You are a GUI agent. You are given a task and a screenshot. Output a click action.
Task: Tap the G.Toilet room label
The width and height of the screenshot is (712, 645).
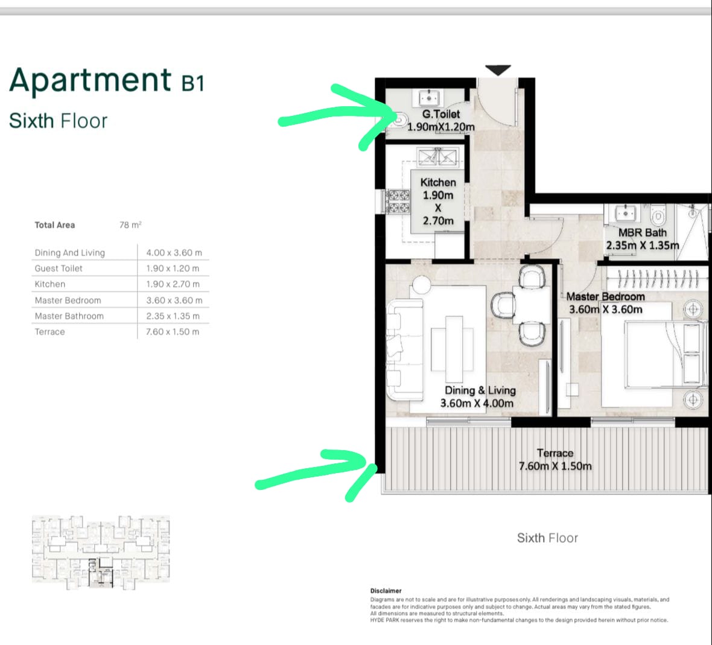pos(441,114)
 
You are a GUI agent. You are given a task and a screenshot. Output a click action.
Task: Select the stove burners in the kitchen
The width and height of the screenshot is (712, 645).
pos(398,202)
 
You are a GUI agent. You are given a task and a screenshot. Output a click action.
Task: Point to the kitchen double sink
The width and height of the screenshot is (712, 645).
pos(437,157)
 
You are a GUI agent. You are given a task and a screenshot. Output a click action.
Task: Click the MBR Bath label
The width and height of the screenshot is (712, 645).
pos(643,232)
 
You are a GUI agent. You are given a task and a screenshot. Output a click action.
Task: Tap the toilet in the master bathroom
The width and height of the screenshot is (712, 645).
pos(658,215)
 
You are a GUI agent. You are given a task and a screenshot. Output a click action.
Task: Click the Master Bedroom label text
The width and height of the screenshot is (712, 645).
pos(605,296)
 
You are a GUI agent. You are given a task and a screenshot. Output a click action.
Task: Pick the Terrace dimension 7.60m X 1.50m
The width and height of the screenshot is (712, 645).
pos(555,466)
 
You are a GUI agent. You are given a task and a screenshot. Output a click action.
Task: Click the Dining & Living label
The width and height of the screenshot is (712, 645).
pos(480,390)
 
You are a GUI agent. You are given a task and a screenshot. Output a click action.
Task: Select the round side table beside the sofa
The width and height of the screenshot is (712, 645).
pos(421,285)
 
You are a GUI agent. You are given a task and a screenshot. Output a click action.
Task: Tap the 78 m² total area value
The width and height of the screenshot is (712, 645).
pos(130,224)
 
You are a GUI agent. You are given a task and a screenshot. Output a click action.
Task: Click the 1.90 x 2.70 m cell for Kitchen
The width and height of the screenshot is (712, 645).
pos(173,284)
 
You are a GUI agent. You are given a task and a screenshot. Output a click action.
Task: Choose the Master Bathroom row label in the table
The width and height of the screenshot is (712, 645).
pos(69,316)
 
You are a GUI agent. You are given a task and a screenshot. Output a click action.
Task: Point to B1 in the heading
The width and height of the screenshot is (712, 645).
pos(192,83)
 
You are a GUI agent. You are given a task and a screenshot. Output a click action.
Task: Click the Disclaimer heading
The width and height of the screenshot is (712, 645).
pos(386,591)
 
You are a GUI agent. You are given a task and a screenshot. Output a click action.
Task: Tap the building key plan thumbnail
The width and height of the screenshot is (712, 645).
pos(100,552)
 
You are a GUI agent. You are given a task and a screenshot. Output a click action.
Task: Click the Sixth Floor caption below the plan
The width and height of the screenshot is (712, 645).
pos(547,538)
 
